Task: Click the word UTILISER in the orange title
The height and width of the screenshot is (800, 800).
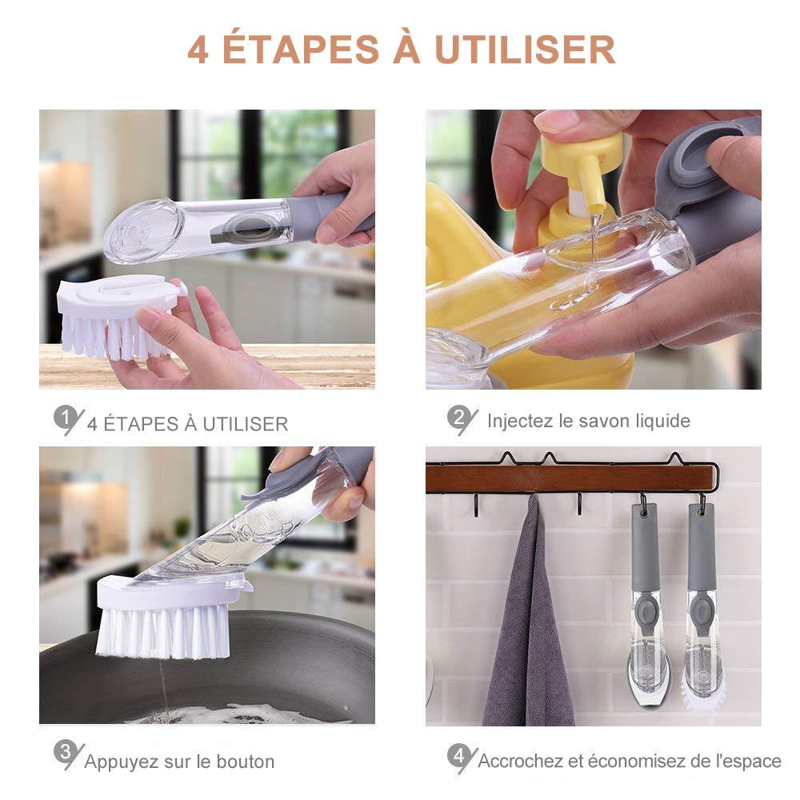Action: pyautogui.click(x=525, y=50)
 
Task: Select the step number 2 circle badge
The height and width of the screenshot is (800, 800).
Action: pyautogui.click(x=458, y=416)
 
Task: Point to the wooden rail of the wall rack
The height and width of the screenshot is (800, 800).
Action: pyautogui.click(x=568, y=478)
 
